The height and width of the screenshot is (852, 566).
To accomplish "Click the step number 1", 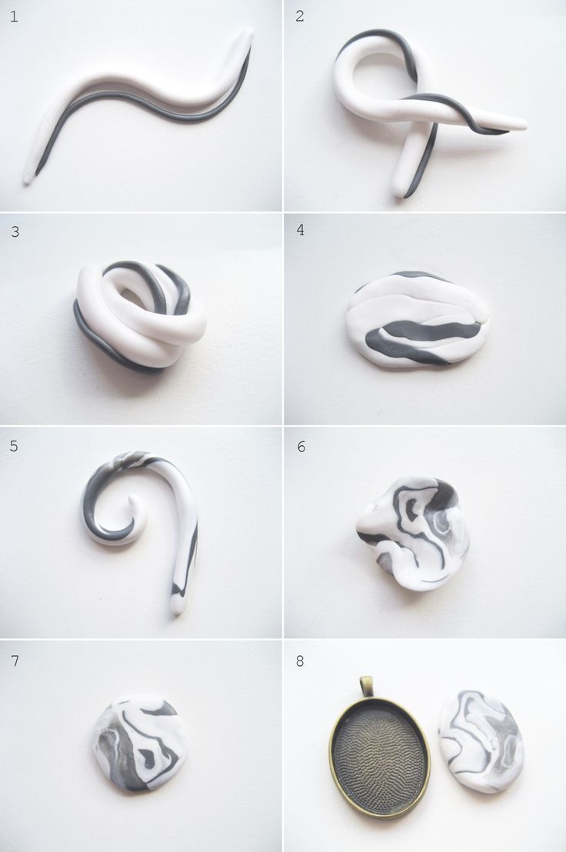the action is click(14, 16).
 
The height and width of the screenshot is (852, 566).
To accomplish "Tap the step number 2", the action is click(299, 15).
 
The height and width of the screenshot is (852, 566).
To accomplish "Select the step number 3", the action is click(15, 231).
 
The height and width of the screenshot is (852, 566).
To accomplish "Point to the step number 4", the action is click(301, 230).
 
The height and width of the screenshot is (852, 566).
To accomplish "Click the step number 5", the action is click(14, 446).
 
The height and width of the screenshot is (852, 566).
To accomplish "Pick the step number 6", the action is click(301, 447).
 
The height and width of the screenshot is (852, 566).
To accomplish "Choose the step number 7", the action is click(15, 661).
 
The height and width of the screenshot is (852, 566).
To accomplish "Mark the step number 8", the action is click(300, 661).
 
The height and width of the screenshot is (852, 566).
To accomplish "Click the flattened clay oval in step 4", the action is click(418, 320).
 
